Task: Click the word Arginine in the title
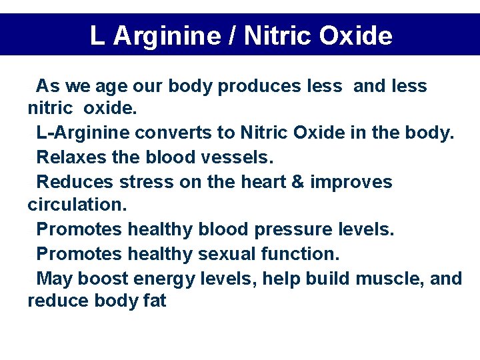167,36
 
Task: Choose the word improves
351,182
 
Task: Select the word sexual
227,254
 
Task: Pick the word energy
165,279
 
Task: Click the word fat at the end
154,301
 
